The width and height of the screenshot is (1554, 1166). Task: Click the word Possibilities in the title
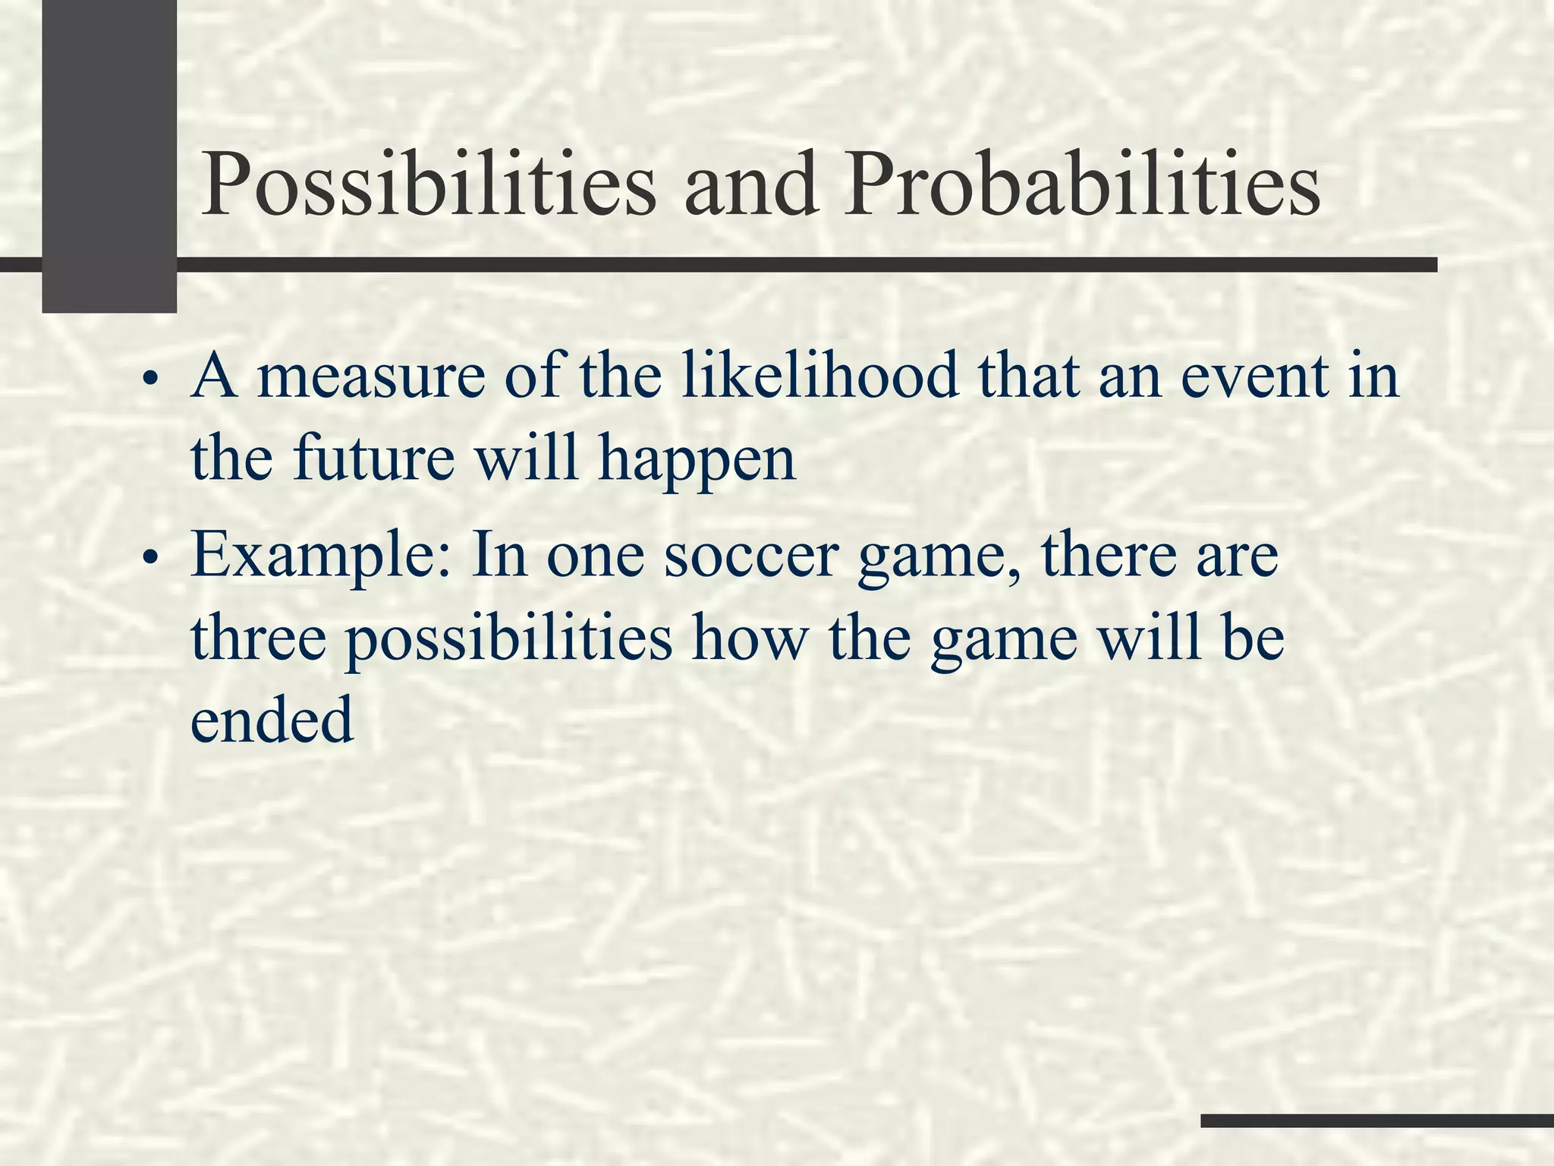click(x=428, y=184)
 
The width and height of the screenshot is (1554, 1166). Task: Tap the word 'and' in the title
click(x=751, y=184)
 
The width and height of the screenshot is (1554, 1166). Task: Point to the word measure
click(x=371, y=377)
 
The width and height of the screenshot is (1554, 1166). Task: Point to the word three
click(x=258, y=638)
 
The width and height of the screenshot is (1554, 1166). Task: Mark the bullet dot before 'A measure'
click(x=152, y=380)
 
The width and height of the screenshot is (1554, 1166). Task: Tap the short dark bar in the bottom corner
click(x=1376, y=1120)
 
